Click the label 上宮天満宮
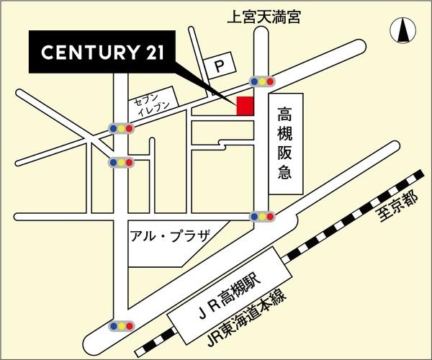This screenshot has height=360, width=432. pyautogui.click(x=262, y=16)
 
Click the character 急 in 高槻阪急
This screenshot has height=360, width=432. pyautogui.click(x=285, y=176)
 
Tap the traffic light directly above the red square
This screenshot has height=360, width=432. pyautogui.click(x=261, y=81)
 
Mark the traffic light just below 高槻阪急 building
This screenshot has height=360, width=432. pyautogui.click(x=261, y=215)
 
